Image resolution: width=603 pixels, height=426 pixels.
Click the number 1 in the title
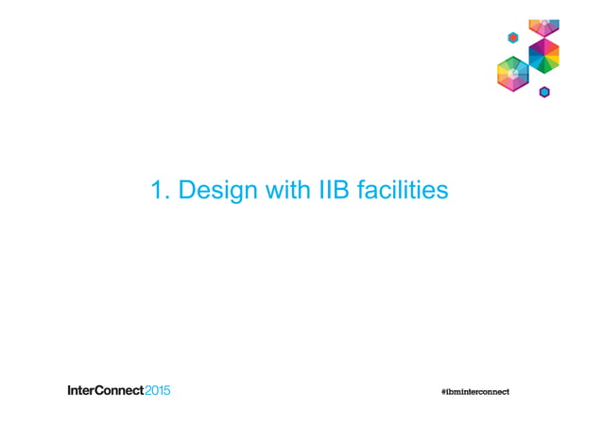click(x=158, y=191)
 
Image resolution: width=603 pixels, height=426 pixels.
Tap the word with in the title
click(x=278, y=191)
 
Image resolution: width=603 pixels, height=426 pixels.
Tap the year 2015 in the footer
click(x=157, y=390)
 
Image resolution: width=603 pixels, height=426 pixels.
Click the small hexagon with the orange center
click(x=513, y=38)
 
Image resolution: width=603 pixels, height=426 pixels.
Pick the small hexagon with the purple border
click(x=544, y=92)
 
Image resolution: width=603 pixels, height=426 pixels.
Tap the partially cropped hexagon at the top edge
click(x=544, y=26)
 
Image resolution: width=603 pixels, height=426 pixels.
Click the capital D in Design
click(x=187, y=191)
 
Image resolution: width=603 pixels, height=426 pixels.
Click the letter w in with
click(x=264, y=192)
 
